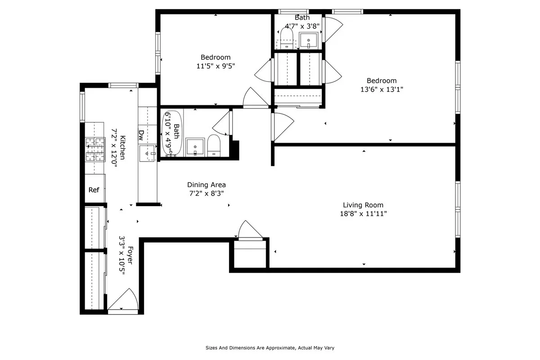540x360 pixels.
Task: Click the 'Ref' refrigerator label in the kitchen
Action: point(94,190)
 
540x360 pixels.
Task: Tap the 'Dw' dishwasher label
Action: point(141,134)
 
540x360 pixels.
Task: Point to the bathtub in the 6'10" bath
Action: point(171,133)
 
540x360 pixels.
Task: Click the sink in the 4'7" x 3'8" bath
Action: point(309,40)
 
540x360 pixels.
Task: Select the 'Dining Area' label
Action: point(206,184)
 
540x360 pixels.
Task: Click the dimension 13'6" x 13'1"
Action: point(381,89)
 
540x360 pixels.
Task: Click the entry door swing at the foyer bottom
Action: point(122,299)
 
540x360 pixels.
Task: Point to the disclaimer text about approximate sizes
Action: point(270,348)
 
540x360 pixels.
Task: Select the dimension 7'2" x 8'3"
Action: point(206,193)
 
